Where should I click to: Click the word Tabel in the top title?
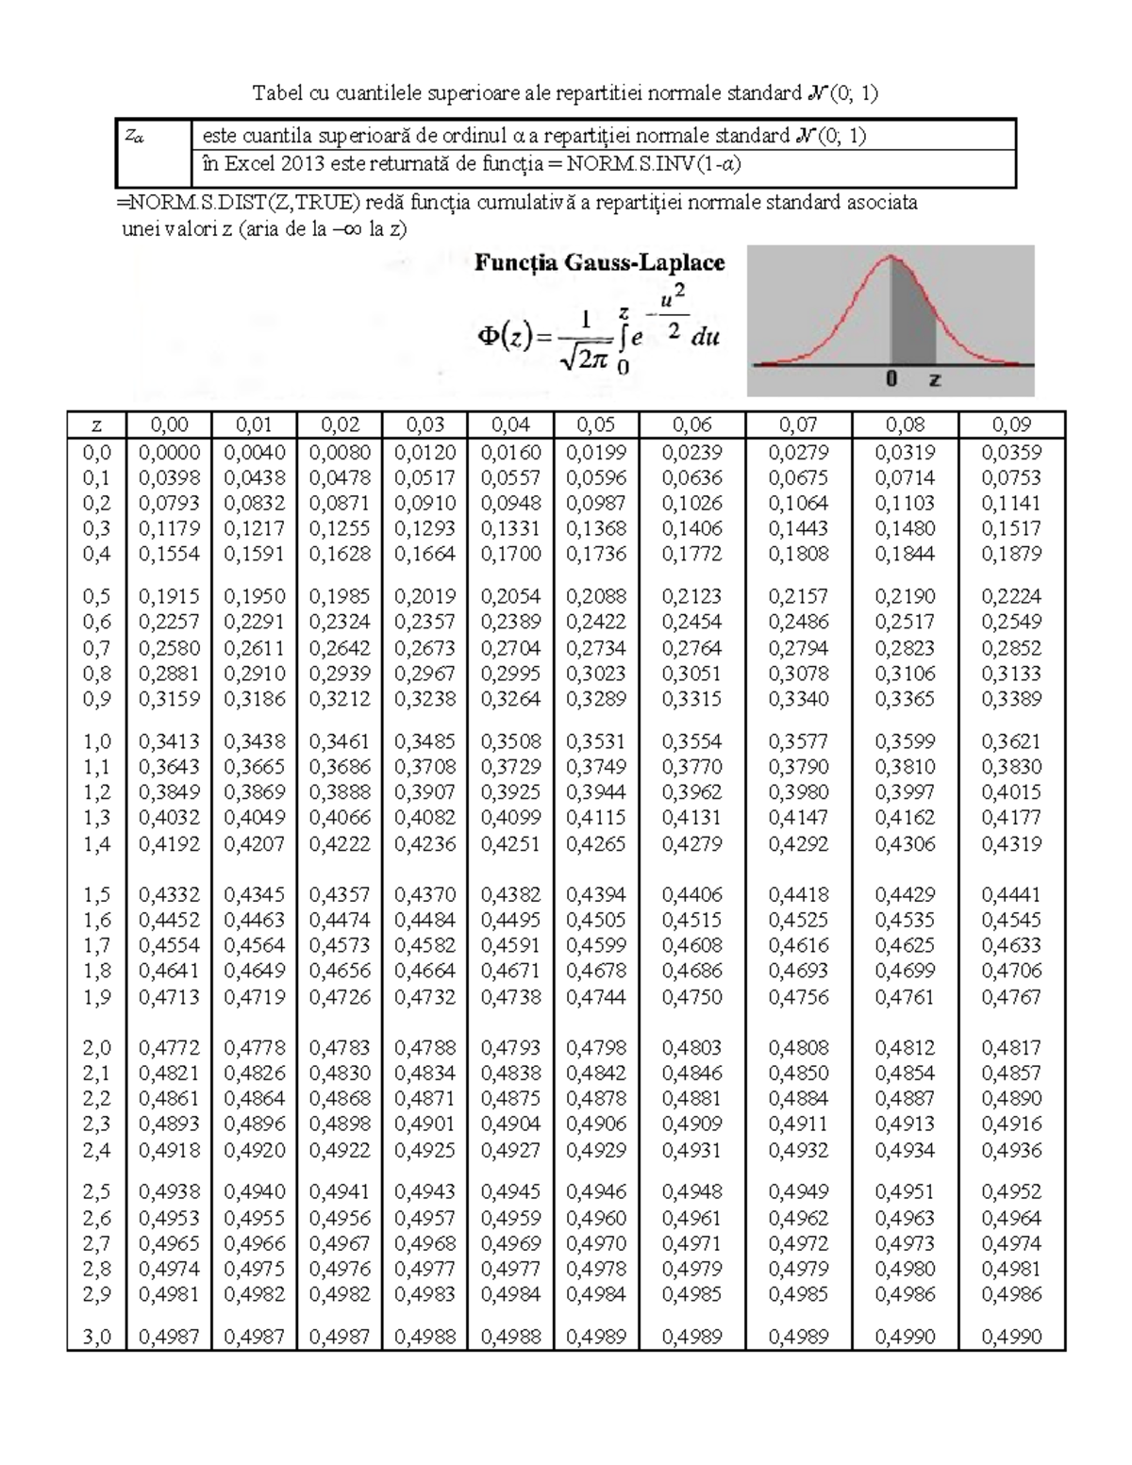point(274,92)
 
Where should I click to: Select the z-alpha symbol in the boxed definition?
point(135,137)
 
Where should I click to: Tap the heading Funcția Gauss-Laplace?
point(599,262)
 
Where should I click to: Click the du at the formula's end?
point(705,337)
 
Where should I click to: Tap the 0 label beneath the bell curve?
point(891,380)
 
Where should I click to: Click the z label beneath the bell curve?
point(934,380)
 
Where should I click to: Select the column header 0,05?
point(596,425)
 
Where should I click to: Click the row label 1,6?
point(96,921)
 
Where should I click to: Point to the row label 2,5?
point(96,1192)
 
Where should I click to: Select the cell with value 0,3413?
point(169,742)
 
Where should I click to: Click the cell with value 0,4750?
point(691,997)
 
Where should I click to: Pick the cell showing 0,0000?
point(169,453)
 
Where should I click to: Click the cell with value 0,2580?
point(169,649)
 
